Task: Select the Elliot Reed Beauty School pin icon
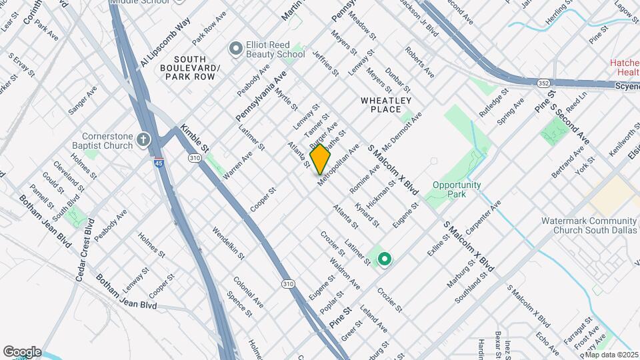click(x=235, y=48)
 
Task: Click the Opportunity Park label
click(x=457, y=189)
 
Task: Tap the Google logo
click(x=22, y=351)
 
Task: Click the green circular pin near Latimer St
click(x=384, y=259)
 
